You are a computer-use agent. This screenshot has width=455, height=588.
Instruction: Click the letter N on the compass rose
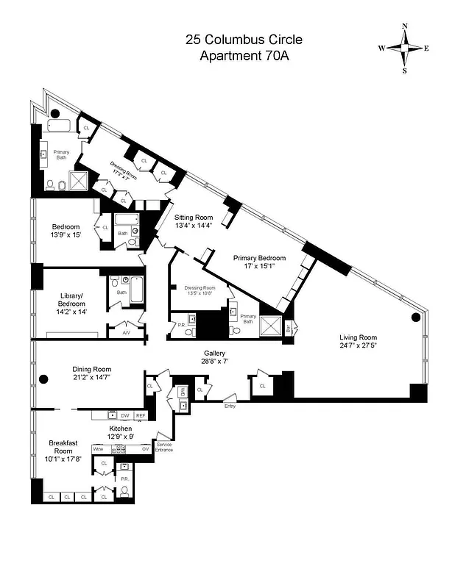click(x=405, y=26)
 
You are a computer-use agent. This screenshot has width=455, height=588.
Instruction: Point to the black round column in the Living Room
click(x=415, y=318)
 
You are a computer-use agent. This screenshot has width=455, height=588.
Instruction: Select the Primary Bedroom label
click(x=259, y=258)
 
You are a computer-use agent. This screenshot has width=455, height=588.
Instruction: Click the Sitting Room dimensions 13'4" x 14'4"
click(x=193, y=226)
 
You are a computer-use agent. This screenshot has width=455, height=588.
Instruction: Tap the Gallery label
click(x=214, y=353)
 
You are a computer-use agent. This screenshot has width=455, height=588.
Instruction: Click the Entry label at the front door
click(x=230, y=405)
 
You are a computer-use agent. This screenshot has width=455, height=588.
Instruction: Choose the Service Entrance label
click(x=165, y=447)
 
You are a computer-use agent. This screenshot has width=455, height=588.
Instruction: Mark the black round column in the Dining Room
click(x=43, y=379)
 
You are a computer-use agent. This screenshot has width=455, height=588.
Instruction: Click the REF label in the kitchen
click(x=141, y=415)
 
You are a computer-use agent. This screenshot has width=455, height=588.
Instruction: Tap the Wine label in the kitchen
click(x=97, y=448)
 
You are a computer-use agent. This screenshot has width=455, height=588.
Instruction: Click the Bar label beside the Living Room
click(x=289, y=329)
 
